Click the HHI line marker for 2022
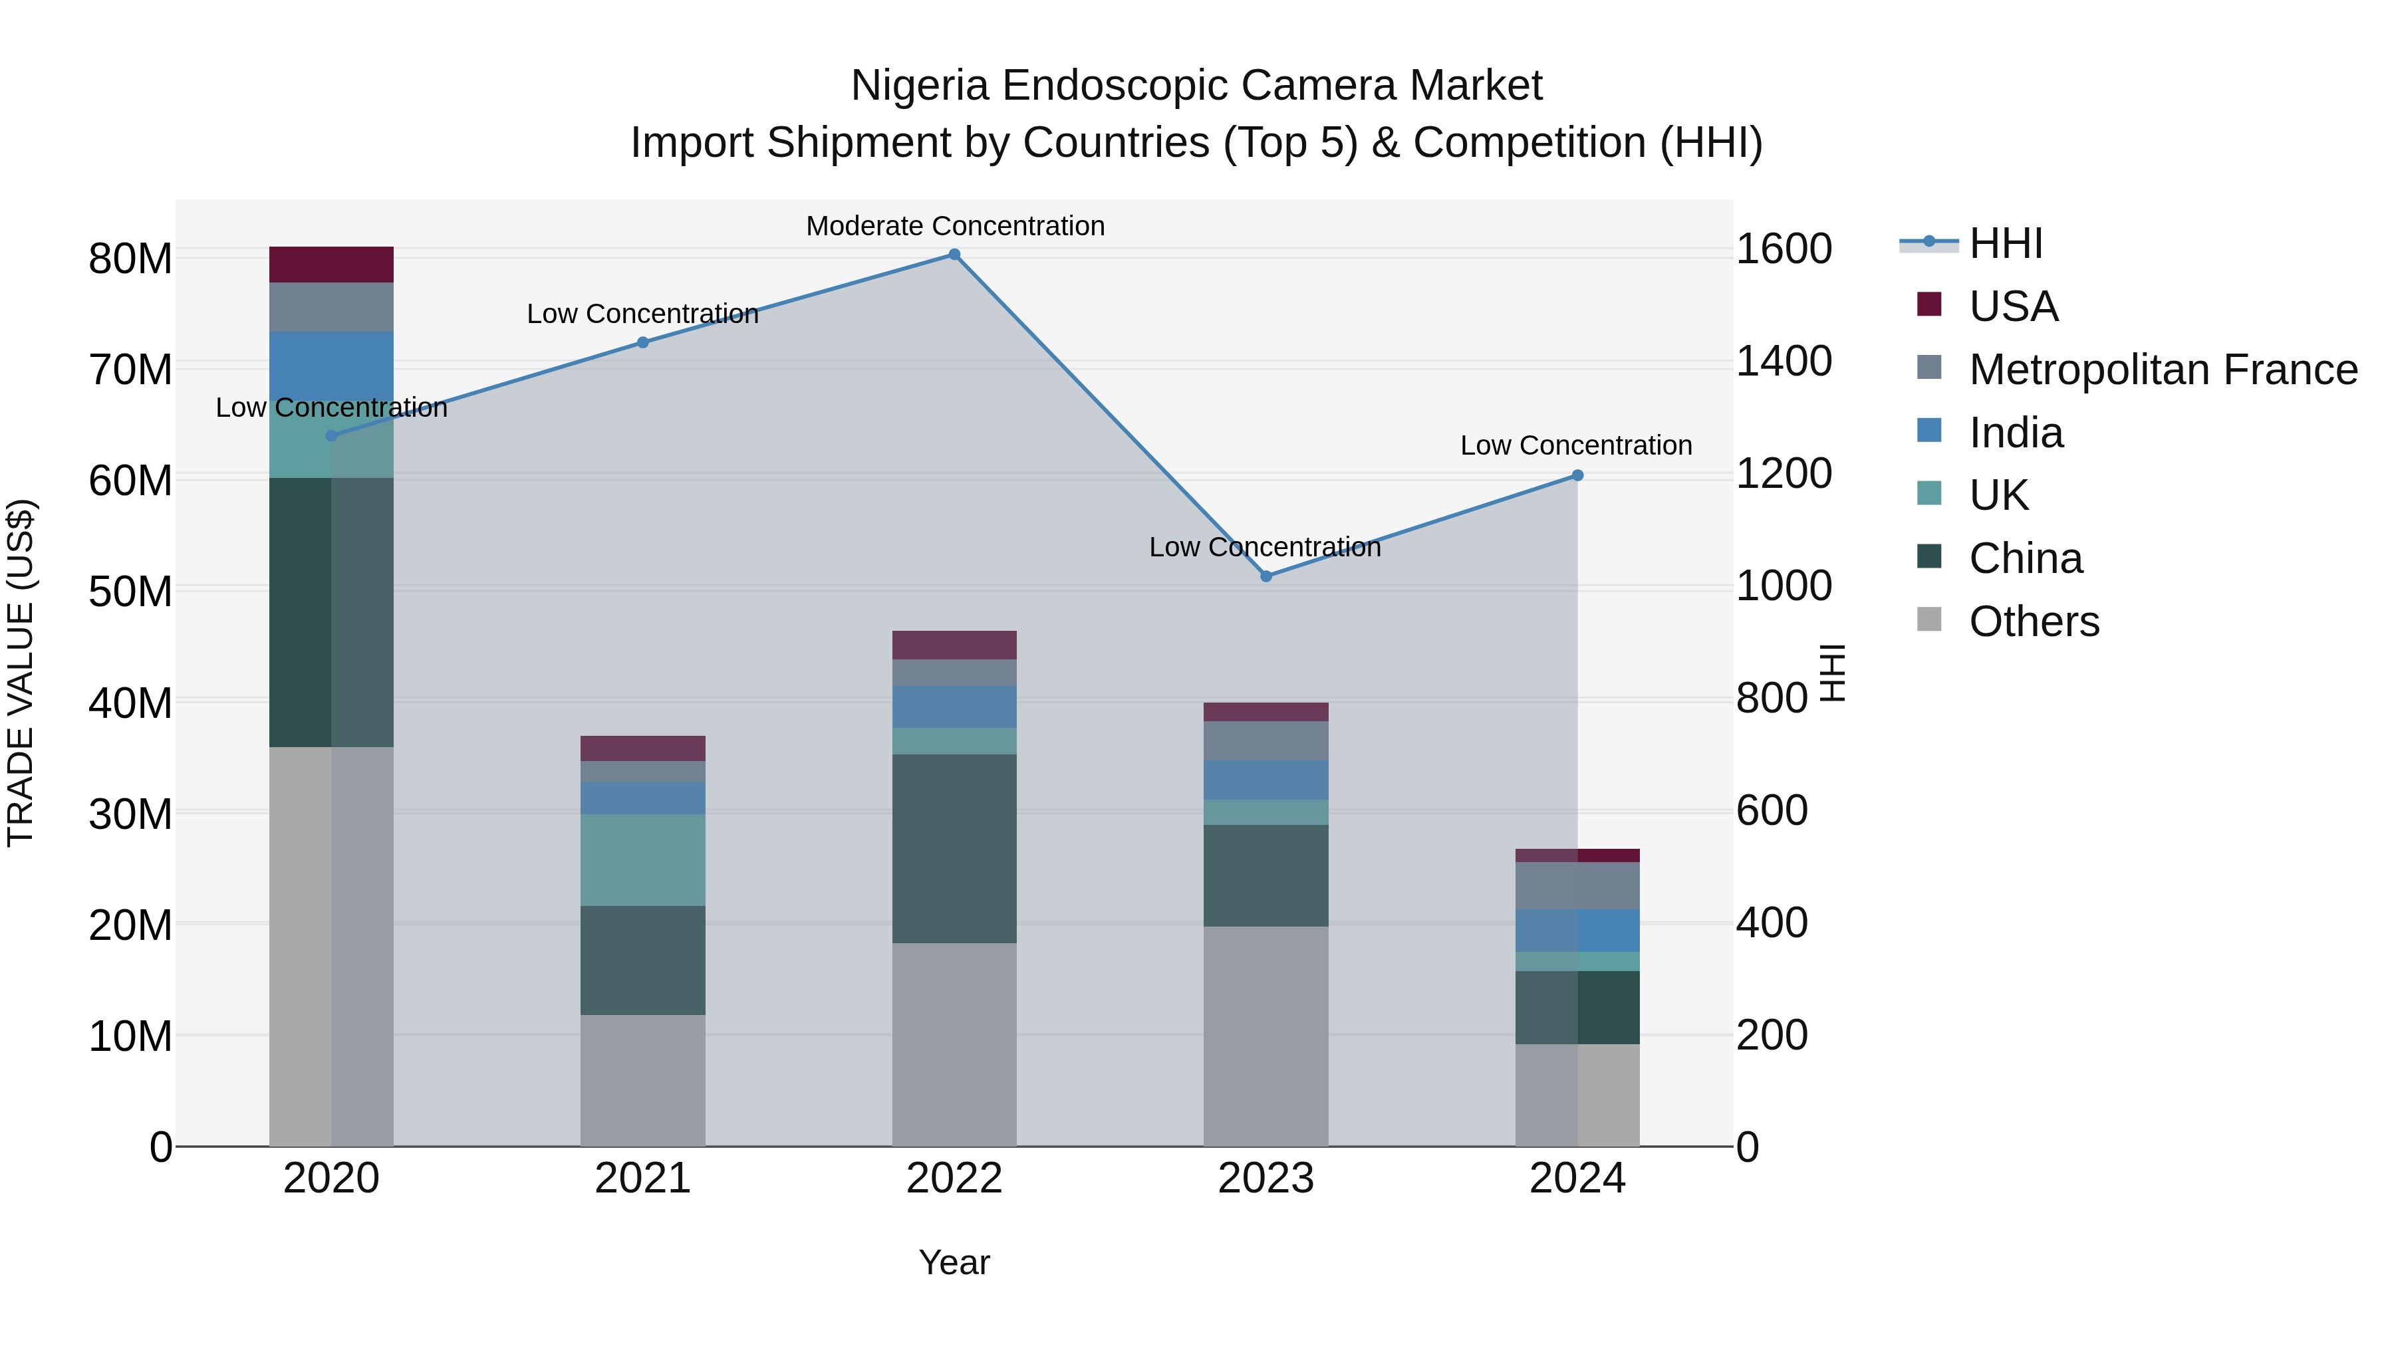[x=954, y=255]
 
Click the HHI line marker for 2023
[x=1265, y=576]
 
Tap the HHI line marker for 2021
[x=642, y=342]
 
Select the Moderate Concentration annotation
[x=954, y=226]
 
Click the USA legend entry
[x=2013, y=306]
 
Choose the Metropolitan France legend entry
[x=2163, y=370]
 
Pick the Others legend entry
[x=2034, y=621]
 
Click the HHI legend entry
[x=2006, y=243]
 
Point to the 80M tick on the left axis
[x=130, y=259]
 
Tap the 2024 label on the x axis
[x=1577, y=1178]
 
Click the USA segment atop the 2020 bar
[x=331, y=265]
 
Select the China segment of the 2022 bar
[x=954, y=847]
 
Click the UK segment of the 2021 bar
[x=642, y=859]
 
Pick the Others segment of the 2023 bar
[x=1265, y=1035]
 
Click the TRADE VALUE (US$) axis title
[x=21, y=673]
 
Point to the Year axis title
[x=954, y=1262]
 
